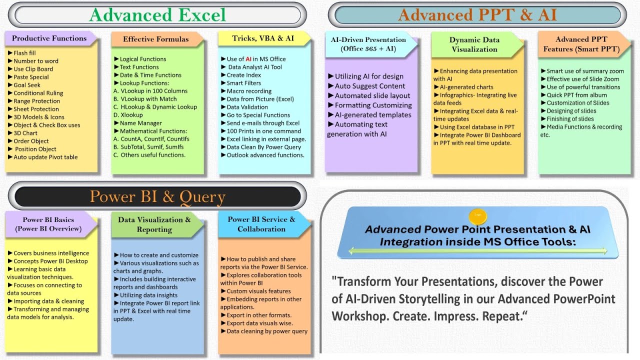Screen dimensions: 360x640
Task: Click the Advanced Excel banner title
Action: (157, 15)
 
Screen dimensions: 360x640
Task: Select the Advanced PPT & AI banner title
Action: (477, 15)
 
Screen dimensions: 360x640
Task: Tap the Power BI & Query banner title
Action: (157, 197)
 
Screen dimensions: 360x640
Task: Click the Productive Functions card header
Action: (49, 38)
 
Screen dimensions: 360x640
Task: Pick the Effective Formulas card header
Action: (156, 39)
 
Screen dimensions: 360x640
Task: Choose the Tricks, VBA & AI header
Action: (263, 38)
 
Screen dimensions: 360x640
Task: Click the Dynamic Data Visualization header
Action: (474, 44)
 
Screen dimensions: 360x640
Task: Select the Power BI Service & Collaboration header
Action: (261, 224)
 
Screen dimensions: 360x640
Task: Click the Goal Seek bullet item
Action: (27, 85)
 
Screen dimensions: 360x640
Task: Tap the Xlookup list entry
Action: (131, 115)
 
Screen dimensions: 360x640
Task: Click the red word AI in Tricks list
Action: (248, 59)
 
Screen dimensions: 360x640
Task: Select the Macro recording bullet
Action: (249, 91)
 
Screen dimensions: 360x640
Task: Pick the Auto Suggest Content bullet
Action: (370, 86)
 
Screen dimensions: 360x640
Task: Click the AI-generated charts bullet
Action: (466, 87)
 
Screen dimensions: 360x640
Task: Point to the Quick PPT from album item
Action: (576, 95)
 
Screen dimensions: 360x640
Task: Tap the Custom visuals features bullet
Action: (258, 291)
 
